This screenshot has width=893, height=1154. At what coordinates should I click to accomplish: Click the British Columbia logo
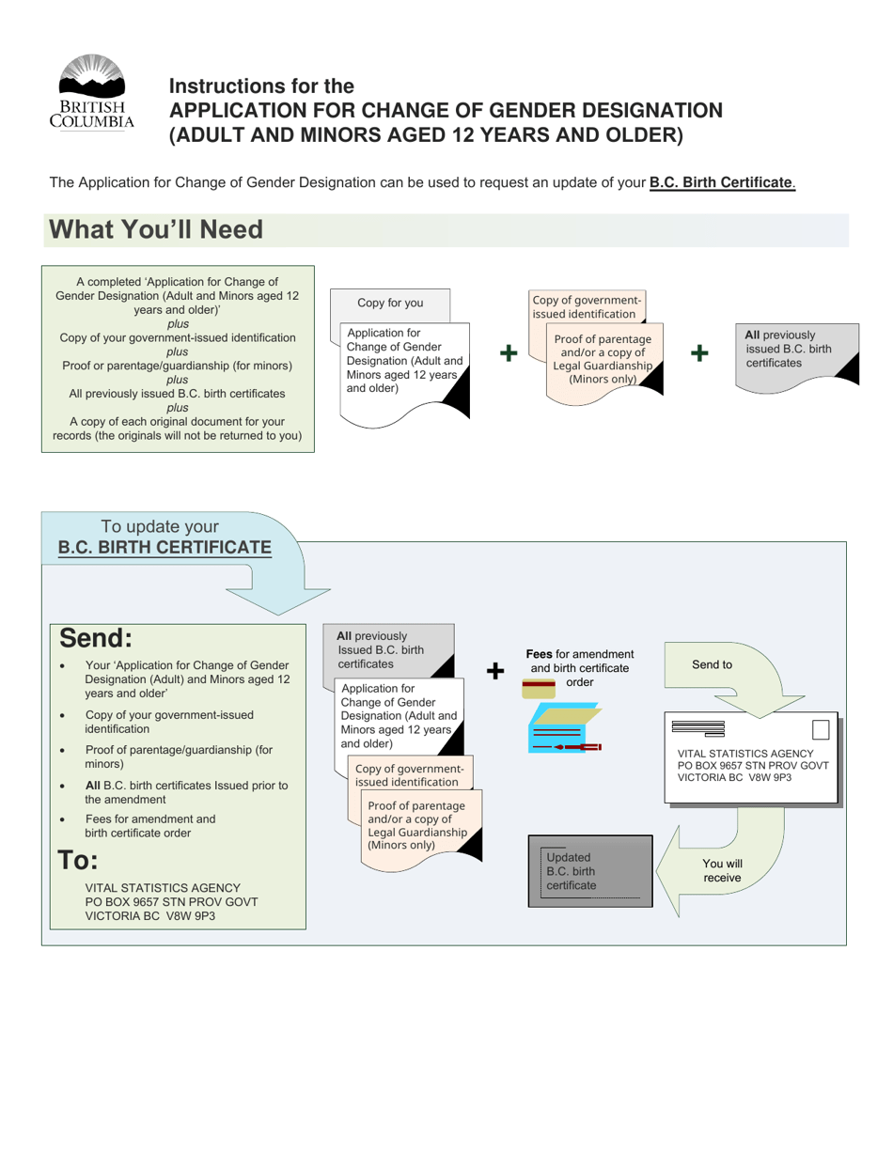click(91, 91)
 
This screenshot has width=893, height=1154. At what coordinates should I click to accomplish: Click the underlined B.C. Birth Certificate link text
click(722, 182)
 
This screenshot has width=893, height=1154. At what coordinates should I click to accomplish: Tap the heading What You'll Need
click(156, 229)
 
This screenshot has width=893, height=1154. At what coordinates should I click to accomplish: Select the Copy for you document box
click(390, 303)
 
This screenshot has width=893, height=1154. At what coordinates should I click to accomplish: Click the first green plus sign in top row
click(508, 353)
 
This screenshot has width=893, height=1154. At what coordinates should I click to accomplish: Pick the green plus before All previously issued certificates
click(699, 353)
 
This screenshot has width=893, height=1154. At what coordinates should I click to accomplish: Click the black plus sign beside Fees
click(494, 670)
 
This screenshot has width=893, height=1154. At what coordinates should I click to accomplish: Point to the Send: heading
click(96, 638)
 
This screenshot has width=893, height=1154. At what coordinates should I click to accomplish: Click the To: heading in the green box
click(78, 860)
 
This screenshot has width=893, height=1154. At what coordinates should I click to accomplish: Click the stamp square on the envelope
click(821, 730)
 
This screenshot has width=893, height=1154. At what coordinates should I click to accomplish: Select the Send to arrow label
click(712, 664)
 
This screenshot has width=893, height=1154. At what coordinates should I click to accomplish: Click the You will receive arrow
click(722, 870)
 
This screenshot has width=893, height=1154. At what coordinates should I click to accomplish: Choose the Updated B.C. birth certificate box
click(590, 871)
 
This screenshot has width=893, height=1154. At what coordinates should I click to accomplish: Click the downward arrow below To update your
click(279, 599)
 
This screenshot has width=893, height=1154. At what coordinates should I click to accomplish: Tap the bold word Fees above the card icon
click(539, 654)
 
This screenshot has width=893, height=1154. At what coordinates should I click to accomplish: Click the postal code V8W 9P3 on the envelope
click(770, 778)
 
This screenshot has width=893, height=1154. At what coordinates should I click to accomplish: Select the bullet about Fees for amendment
click(150, 825)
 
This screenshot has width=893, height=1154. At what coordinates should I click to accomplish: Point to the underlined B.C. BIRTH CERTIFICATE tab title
click(164, 547)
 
